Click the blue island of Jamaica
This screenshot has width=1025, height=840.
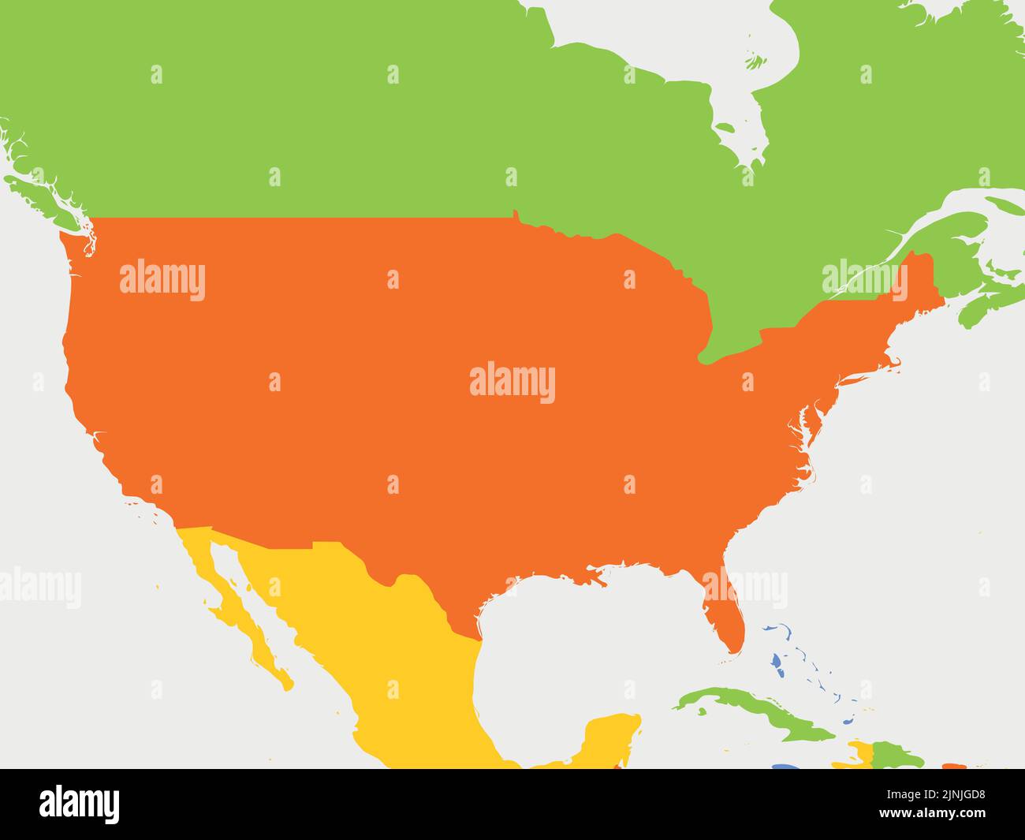pos(785,767)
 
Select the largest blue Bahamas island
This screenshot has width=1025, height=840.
pos(777,663)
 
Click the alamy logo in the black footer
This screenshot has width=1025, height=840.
pos(80,804)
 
